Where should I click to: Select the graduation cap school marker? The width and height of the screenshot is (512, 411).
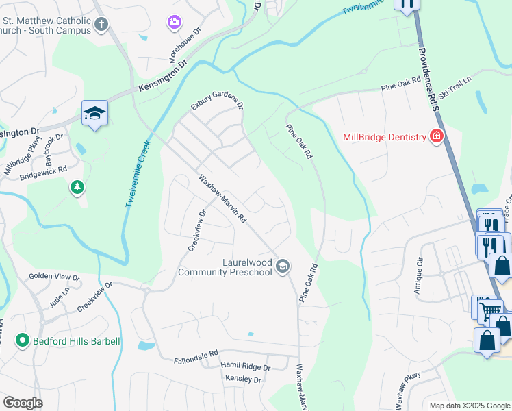click(x=94, y=113)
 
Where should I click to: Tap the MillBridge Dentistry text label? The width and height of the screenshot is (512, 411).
click(x=384, y=138)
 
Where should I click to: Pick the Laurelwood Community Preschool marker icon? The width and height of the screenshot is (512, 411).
click(x=283, y=266)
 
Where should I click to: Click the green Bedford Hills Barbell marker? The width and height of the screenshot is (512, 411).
click(x=22, y=340)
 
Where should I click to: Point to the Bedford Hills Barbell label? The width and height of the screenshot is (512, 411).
click(x=77, y=341)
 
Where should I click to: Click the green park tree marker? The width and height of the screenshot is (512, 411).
click(x=78, y=187)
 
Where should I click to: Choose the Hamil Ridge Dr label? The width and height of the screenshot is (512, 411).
click(x=246, y=368)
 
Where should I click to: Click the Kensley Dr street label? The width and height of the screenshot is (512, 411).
click(x=243, y=379)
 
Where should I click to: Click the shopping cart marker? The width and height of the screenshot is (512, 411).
click(x=488, y=310)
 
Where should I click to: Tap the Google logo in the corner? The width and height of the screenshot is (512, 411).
click(x=23, y=403)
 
